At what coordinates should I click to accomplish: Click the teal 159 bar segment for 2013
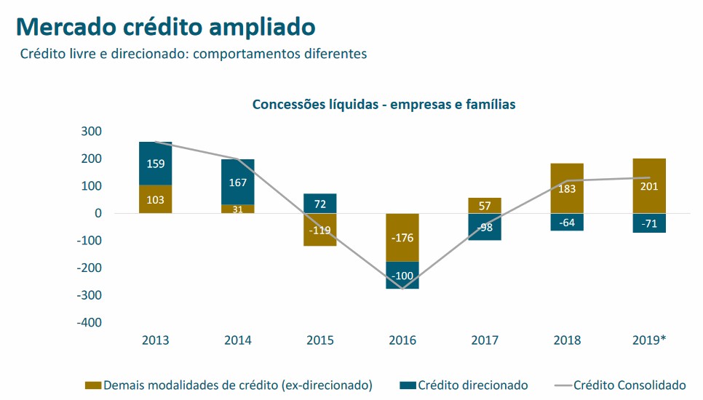click(x=155, y=164)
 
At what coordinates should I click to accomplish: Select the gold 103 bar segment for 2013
click(x=155, y=199)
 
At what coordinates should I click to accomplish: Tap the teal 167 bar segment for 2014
click(x=237, y=182)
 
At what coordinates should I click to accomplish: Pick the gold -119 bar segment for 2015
click(x=319, y=230)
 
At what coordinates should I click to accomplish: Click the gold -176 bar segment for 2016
click(x=402, y=237)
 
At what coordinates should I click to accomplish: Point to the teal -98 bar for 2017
click(x=485, y=227)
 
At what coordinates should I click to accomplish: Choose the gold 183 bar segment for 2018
click(x=567, y=188)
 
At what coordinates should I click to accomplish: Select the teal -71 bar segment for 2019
click(x=649, y=223)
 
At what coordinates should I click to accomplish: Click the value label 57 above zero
click(x=485, y=206)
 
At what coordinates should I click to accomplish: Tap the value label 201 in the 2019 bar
click(x=649, y=186)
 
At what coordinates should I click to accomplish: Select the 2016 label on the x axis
click(x=402, y=340)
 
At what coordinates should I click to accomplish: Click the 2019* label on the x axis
click(x=649, y=340)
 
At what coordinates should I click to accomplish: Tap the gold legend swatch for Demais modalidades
click(x=93, y=385)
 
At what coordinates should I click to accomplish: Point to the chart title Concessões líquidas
click(x=384, y=105)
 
